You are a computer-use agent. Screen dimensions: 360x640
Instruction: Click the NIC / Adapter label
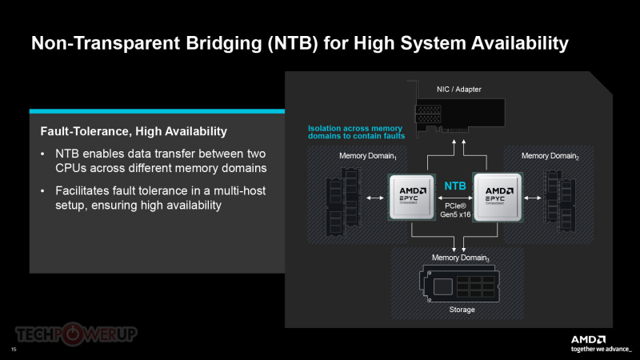458,89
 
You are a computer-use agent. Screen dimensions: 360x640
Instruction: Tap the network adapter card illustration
456,116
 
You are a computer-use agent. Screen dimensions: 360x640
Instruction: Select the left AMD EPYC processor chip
411,197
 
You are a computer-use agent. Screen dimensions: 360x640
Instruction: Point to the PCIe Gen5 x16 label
454,210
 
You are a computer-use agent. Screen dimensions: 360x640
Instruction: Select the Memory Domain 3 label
455,258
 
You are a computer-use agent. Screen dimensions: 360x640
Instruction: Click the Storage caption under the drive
456,310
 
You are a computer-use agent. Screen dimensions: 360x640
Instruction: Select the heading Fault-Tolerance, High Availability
134,130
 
